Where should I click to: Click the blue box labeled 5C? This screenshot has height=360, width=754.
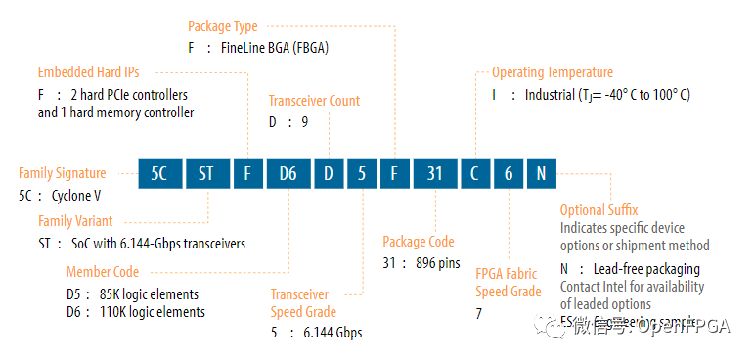coord(159,175)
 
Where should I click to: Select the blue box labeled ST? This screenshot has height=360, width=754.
coord(207,175)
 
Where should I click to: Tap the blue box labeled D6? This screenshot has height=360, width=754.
coord(288,175)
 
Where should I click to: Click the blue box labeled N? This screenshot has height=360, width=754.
coord(541,175)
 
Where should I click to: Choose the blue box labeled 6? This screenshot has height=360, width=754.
coord(509,175)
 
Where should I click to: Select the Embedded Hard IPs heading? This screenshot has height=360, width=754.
coord(96,72)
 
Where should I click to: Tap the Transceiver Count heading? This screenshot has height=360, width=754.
coord(314,101)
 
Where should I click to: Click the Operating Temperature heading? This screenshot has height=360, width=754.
coord(553,72)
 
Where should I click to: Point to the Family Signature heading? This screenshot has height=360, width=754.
coord(63,173)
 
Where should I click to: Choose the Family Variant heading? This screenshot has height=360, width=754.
coord(75,221)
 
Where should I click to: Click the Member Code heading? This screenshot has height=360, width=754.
coord(103,272)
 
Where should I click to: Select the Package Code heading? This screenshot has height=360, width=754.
coord(420,242)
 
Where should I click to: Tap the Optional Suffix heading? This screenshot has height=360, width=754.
coord(599,209)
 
